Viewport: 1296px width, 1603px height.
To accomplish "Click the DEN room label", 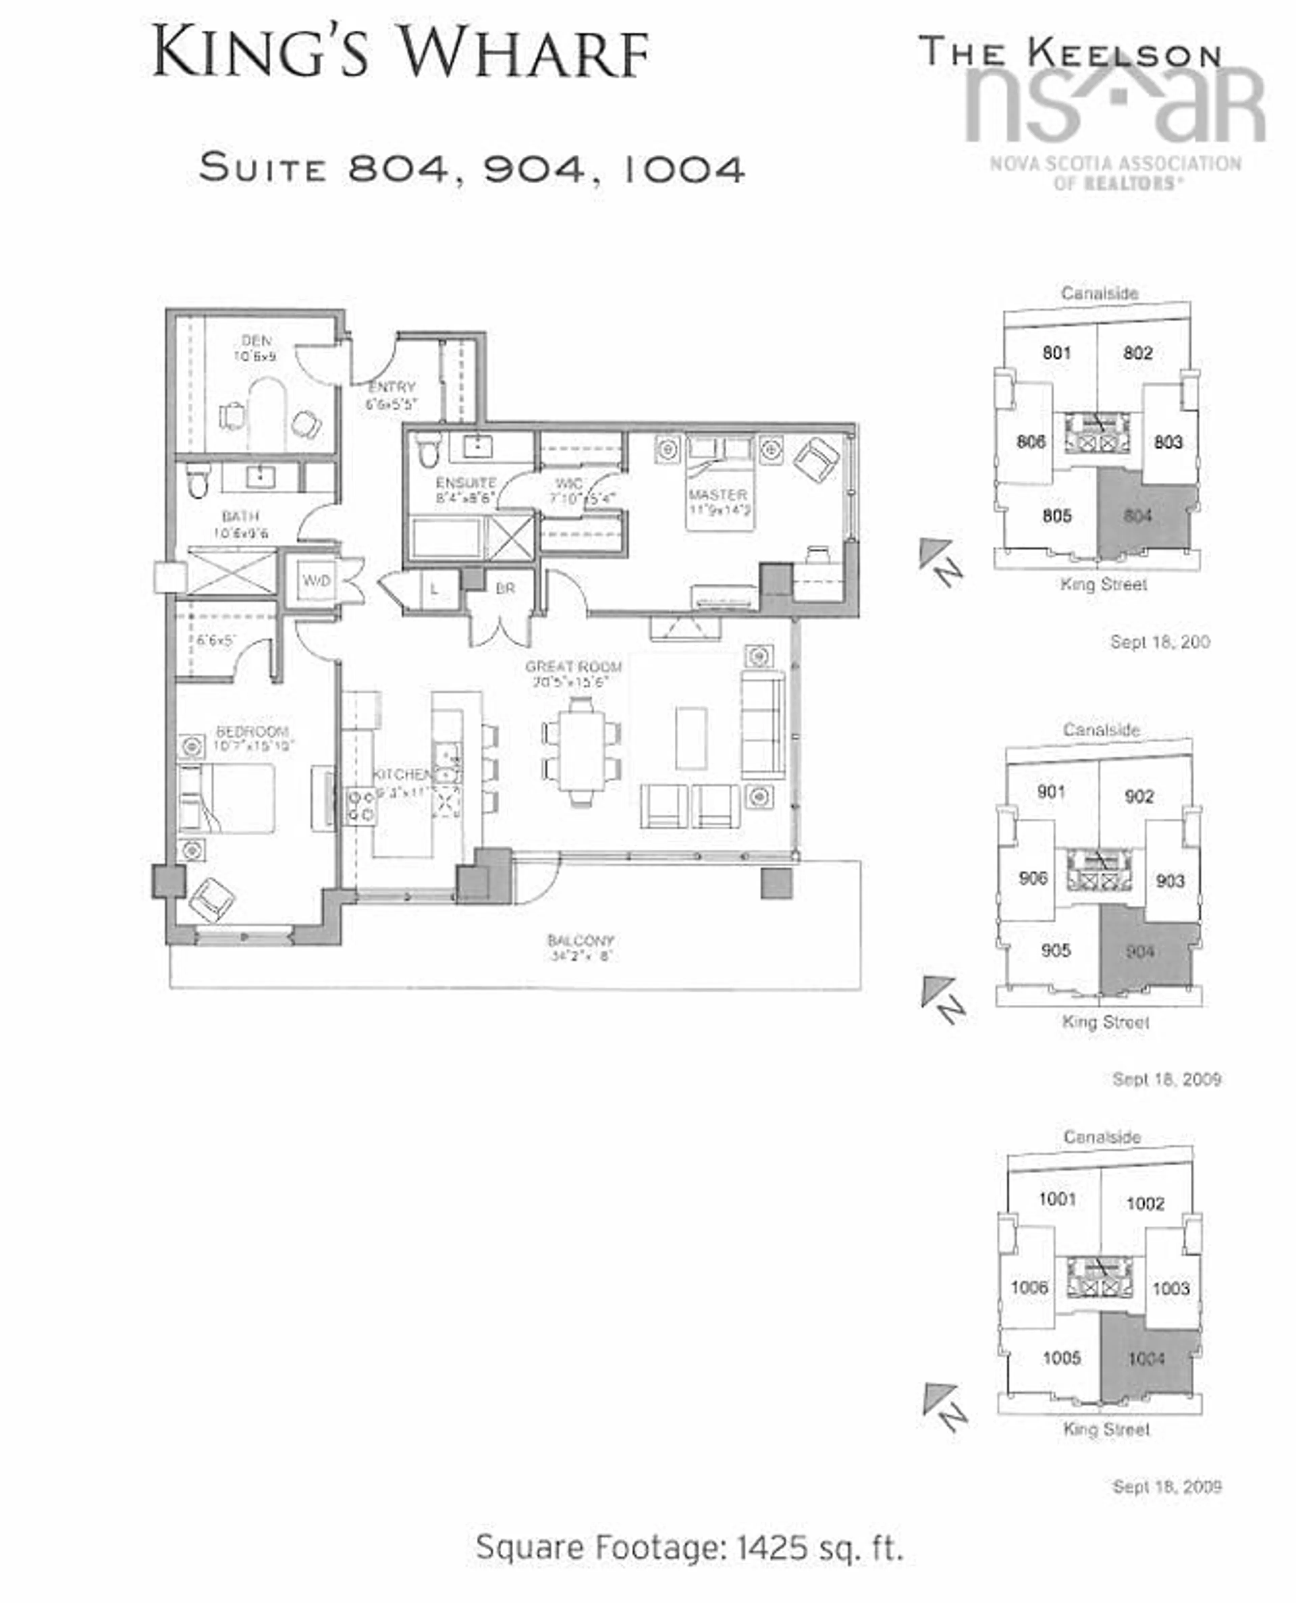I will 256,340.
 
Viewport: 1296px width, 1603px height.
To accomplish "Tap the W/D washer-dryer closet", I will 316,580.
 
